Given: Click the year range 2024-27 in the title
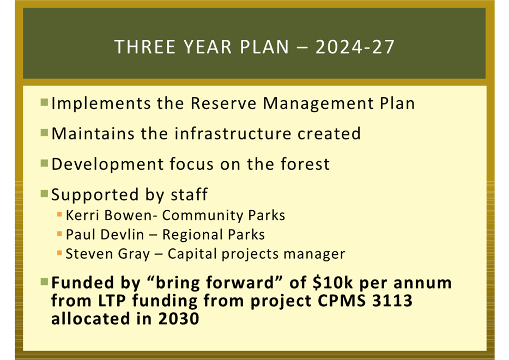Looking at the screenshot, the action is (x=355, y=47).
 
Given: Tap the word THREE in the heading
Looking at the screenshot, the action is (x=145, y=47).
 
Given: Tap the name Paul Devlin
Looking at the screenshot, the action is (x=105, y=235).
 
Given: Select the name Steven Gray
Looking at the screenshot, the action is (x=108, y=254).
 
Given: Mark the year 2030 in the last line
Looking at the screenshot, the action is (x=179, y=319).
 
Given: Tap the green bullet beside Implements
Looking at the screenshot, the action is (x=44, y=102).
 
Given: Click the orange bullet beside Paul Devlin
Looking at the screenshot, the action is (x=59, y=234).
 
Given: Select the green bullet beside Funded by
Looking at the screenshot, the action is (x=44, y=282).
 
